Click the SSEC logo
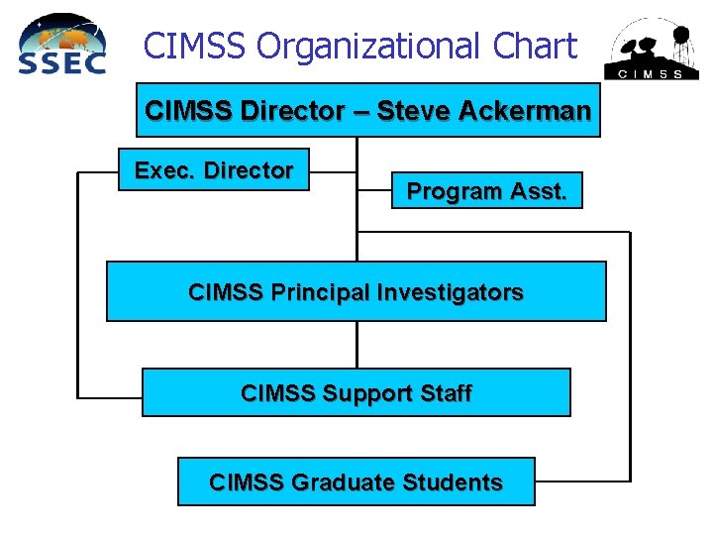click(62, 45)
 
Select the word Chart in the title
click(536, 46)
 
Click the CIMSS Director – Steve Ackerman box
click(367, 110)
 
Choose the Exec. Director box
click(213, 170)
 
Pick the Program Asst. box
click(487, 191)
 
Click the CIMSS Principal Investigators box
click(356, 292)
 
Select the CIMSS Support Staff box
click(356, 393)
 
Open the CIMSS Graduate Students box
click(356, 482)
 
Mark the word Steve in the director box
click(415, 110)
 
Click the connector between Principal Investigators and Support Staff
click(356, 345)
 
